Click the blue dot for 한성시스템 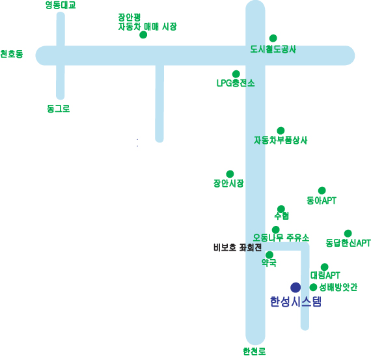295,287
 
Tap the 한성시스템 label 295,301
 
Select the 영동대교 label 61,5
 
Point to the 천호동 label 12,54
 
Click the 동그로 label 58,109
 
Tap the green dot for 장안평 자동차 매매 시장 143,35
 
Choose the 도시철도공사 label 273,49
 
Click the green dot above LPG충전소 236,74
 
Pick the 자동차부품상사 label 281,140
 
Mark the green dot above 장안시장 230,174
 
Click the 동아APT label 322,201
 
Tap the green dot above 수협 281,209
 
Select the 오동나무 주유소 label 281,238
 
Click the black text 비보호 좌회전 238,247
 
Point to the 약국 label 269,262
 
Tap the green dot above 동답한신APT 348,233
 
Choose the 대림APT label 325,275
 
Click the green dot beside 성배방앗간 313,287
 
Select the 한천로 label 254,352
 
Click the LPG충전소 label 236,83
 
